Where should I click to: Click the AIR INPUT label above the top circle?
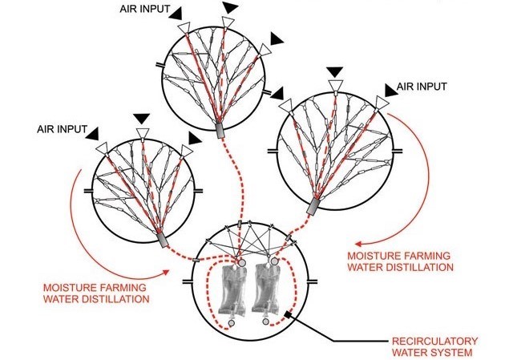(x=144, y=9)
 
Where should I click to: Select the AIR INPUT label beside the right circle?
(x=422, y=87)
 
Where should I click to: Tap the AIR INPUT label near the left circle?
(x=62, y=129)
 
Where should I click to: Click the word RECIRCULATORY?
(x=434, y=342)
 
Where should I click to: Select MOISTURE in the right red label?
(x=374, y=256)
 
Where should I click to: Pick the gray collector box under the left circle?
(x=162, y=241)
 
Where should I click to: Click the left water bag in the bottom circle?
(x=233, y=290)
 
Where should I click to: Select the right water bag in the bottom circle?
(x=266, y=289)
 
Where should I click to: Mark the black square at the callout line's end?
(x=289, y=314)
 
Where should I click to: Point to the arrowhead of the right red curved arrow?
(x=358, y=244)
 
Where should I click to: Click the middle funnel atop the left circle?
(x=143, y=133)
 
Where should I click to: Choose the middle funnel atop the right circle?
(x=336, y=86)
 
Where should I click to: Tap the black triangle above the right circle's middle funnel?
(x=335, y=72)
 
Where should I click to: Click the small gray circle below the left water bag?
(x=232, y=323)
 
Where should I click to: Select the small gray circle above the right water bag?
(x=274, y=261)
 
